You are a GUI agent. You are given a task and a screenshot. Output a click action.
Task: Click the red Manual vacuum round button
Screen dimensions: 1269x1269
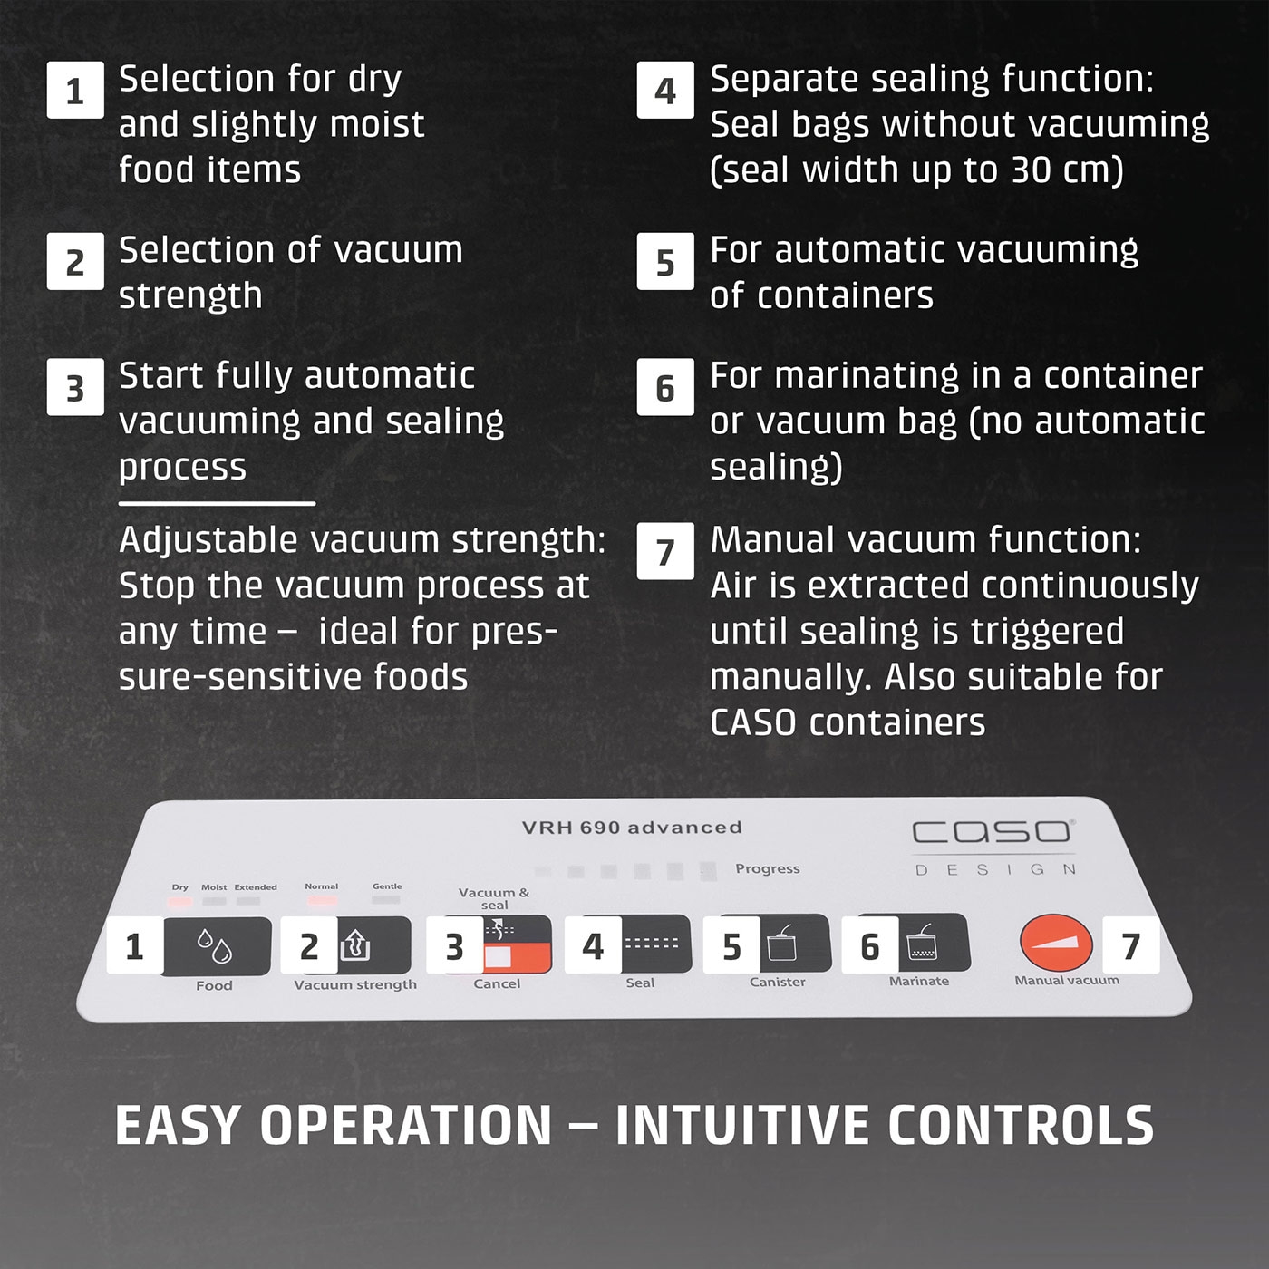pyautogui.click(x=1056, y=942)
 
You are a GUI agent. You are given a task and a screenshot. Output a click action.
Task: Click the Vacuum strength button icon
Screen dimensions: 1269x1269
pyautogui.click(x=356, y=946)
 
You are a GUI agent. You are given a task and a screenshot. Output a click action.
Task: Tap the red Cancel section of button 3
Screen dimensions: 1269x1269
pyautogui.click(x=517, y=957)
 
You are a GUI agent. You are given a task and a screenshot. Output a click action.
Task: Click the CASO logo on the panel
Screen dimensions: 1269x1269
pyautogui.click(x=993, y=831)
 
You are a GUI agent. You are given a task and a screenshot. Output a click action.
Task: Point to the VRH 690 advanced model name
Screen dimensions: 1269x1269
pyautogui.click(x=632, y=828)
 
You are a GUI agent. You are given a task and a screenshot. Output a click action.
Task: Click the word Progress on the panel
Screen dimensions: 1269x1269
pyautogui.click(x=767, y=868)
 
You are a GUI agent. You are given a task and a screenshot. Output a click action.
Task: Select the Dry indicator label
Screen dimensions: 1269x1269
pyautogui.click(x=180, y=887)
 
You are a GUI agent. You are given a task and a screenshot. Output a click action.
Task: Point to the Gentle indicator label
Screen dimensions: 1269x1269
pyautogui.click(x=387, y=886)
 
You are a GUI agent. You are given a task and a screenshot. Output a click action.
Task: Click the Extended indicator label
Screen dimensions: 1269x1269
pyautogui.click(x=256, y=887)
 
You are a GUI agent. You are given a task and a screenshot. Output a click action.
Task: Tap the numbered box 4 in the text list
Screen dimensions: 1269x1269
pyautogui.click(x=665, y=91)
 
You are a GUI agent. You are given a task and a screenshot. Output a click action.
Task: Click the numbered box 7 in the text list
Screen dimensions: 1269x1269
pyautogui.click(x=665, y=551)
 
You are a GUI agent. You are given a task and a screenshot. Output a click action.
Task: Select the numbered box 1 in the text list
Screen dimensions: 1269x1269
pyautogui.click(x=75, y=91)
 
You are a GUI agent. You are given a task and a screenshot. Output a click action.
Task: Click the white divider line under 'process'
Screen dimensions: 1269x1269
pyautogui.click(x=217, y=503)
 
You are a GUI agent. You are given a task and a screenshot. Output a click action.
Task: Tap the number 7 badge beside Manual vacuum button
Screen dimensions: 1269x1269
pyautogui.click(x=1130, y=945)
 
